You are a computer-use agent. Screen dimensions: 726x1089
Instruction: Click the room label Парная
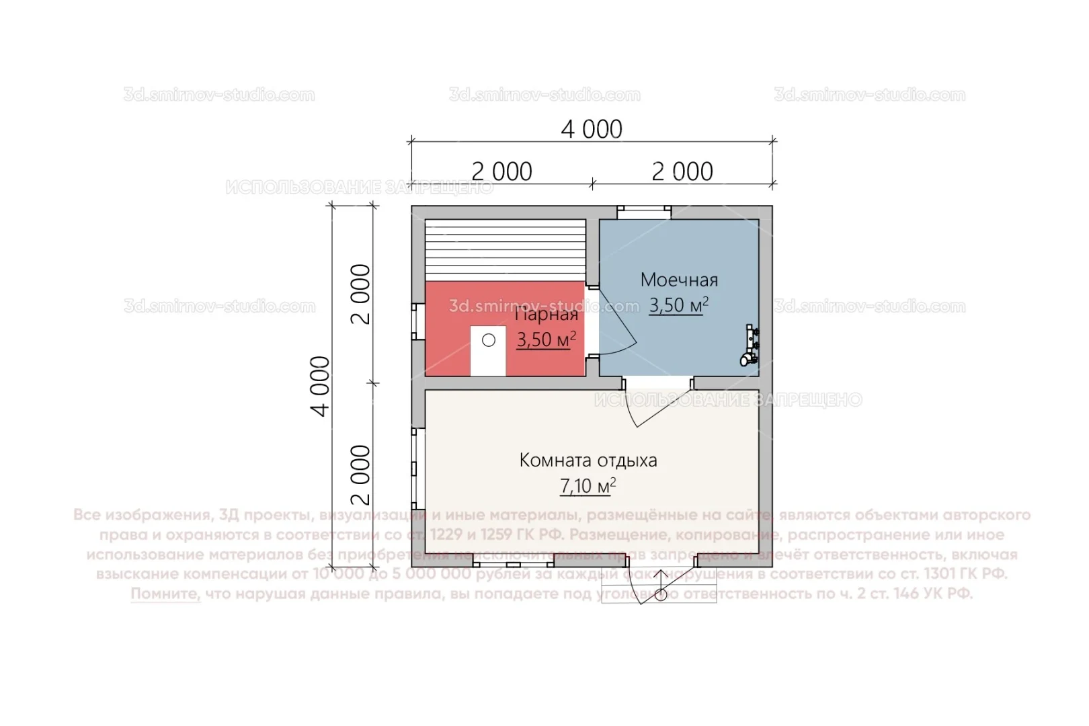coord(547,315)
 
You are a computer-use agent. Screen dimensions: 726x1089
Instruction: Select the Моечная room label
coord(679,280)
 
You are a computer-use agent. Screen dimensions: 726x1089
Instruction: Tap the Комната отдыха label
coord(588,460)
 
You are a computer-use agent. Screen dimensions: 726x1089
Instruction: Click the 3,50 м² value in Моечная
coord(678,305)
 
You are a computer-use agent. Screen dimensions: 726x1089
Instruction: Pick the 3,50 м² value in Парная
coord(546,339)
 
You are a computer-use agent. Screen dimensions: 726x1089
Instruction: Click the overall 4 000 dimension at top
coord(592,129)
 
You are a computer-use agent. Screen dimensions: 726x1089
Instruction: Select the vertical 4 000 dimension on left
coord(322,386)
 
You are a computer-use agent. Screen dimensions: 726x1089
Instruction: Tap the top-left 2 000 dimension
coord(501,172)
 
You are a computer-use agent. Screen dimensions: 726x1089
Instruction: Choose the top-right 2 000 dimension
coord(682,172)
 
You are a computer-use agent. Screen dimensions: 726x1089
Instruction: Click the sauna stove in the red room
coord(488,352)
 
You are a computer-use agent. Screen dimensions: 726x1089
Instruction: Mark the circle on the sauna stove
coord(489,340)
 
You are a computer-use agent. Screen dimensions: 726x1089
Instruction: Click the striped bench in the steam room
coord(506,249)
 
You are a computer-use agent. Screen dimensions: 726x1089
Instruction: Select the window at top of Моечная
coord(645,212)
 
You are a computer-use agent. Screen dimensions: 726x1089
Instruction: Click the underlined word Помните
coord(165,594)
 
